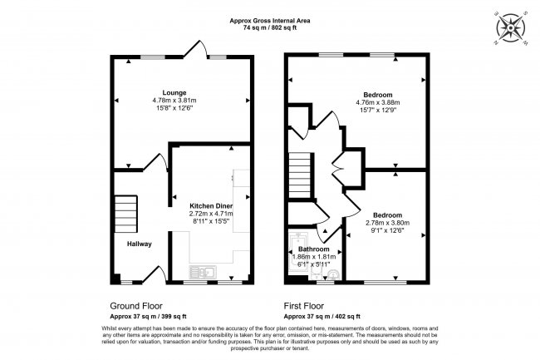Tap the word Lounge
pos(174,91)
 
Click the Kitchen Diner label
pos(211,205)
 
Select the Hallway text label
pos(140,244)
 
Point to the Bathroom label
pos(314,249)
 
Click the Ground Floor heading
pos(136,306)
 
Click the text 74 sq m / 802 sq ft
pos(269,27)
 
